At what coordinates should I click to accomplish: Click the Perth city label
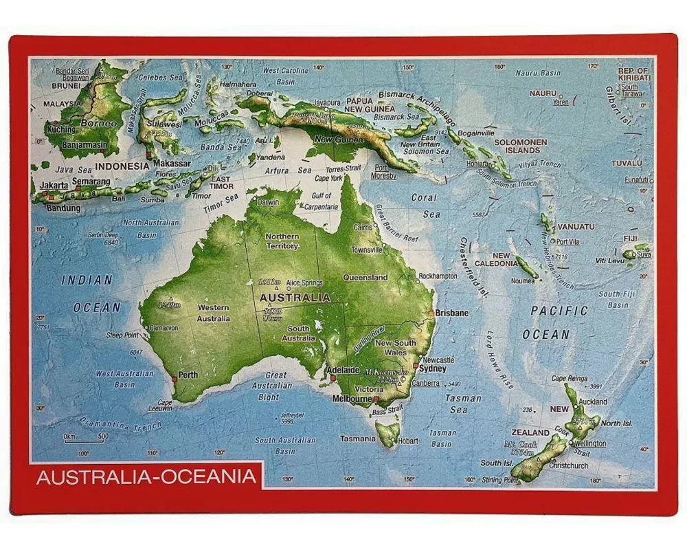(x=188, y=375)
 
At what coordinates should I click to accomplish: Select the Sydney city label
(x=433, y=368)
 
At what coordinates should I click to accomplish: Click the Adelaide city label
(x=343, y=369)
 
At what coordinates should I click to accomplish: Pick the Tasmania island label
(x=357, y=439)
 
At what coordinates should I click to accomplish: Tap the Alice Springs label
(x=304, y=283)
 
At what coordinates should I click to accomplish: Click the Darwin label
(x=268, y=203)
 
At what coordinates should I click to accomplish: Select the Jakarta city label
(x=54, y=185)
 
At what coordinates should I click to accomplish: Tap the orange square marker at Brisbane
(x=431, y=313)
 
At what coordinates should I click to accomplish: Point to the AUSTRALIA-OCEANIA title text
(x=146, y=476)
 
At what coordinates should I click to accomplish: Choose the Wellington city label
(x=592, y=443)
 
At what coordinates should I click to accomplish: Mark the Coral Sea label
(x=425, y=206)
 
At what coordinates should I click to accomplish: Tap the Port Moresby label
(x=385, y=171)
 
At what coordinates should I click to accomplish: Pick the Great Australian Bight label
(x=276, y=386)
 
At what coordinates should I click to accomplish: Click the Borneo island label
(x=99, y=123)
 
